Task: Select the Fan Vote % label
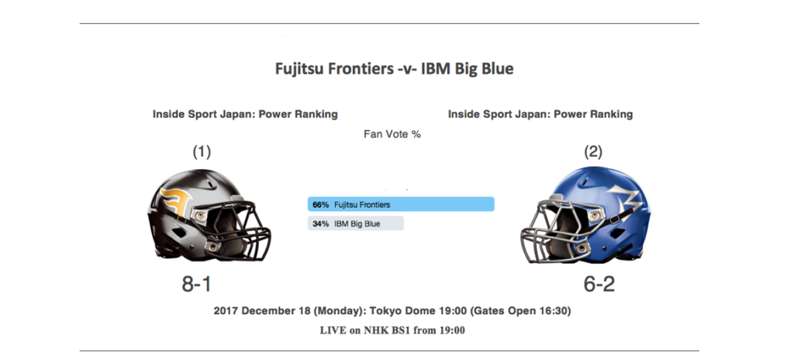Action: click(x=392, y=134)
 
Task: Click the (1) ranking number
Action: click(x=202, y=151)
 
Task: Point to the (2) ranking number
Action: click(x=593, y=151)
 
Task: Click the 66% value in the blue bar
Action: click(x=320, y=205)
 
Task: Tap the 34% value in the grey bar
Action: click(x=320, y=223)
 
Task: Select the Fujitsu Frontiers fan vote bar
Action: click(x=401, y=204)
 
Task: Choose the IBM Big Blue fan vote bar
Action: click(x=356, y=223)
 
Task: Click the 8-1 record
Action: click(x=196, y=285)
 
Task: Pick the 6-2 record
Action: click(x=599, y=285)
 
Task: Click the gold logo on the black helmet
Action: click(x=175, y=202)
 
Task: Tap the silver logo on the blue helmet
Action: click(x=626, y=201)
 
